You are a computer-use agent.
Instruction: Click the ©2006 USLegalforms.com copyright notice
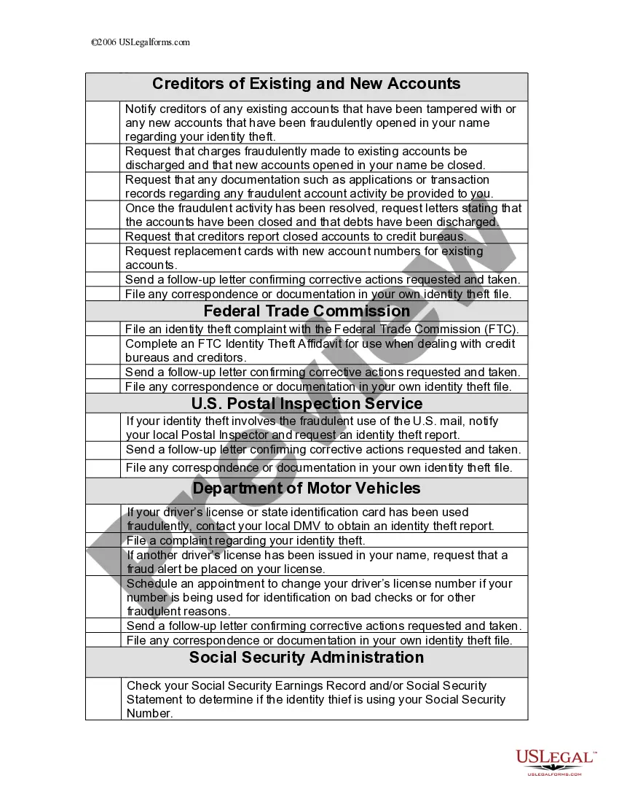point(141,42)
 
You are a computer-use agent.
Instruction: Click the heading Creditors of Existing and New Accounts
point(306,84)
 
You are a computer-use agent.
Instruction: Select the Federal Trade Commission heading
point(307,311)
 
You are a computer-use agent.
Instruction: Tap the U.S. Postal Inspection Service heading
point(307,404)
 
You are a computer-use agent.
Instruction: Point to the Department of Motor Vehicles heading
point(307,488)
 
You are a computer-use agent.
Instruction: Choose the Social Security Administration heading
point(307,658)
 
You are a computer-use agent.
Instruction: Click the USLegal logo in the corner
point(555,761)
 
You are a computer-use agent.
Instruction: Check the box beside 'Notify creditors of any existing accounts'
point(103,122)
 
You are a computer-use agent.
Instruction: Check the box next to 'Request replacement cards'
point(103,258)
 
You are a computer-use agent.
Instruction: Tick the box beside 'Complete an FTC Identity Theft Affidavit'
point(103,351)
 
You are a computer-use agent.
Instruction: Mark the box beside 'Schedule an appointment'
point(103,597)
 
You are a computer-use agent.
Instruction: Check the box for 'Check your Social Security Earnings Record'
point(103,699)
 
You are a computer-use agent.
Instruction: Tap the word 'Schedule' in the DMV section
point(151,584)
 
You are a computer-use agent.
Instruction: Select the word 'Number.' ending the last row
point(150,714)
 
